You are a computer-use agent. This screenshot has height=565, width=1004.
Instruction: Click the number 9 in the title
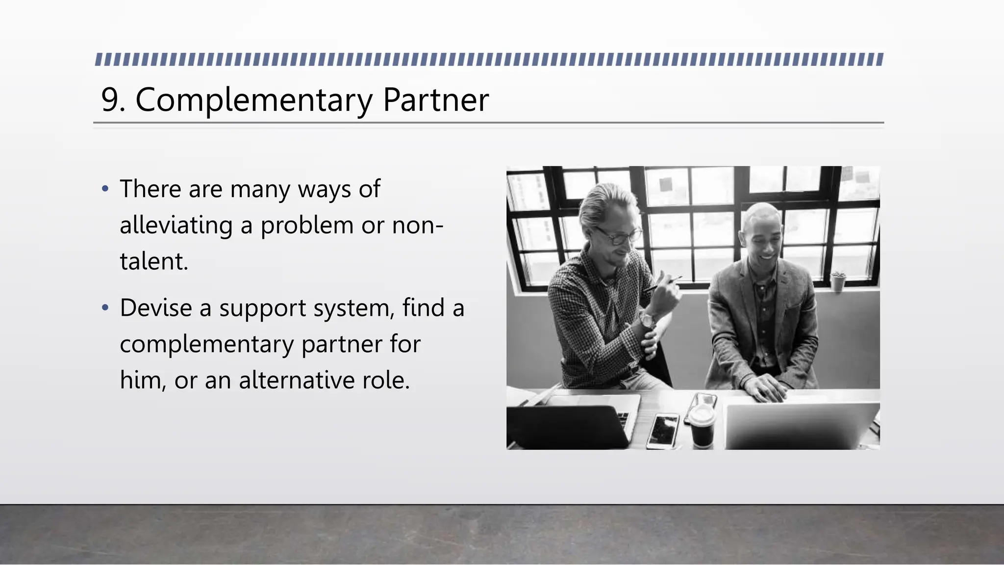pyautogui.click(x=110, y=101)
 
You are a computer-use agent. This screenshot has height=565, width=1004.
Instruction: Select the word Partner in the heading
pyautogui.click(x=435, y=101)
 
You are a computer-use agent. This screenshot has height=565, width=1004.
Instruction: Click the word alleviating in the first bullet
pyautogui.click(x=176, y=226)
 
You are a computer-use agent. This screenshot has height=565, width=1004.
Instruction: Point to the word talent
pyautogui.click(x=153, y=261)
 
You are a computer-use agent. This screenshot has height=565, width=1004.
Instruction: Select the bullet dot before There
pyautogui.click(x=104, y=189)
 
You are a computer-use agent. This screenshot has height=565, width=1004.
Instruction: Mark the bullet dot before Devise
pyautogui.click(x=104, y=308)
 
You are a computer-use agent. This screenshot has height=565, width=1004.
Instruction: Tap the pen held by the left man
pyautogui.click(x=664, y=284)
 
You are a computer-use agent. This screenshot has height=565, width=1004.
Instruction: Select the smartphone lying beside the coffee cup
pyautogui.click(x=663, y=431)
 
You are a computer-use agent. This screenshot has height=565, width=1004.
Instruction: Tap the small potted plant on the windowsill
pyautogui.click(x=837, y=281)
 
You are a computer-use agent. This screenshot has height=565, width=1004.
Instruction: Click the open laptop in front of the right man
pyautogui.click(x=799, y=424)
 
